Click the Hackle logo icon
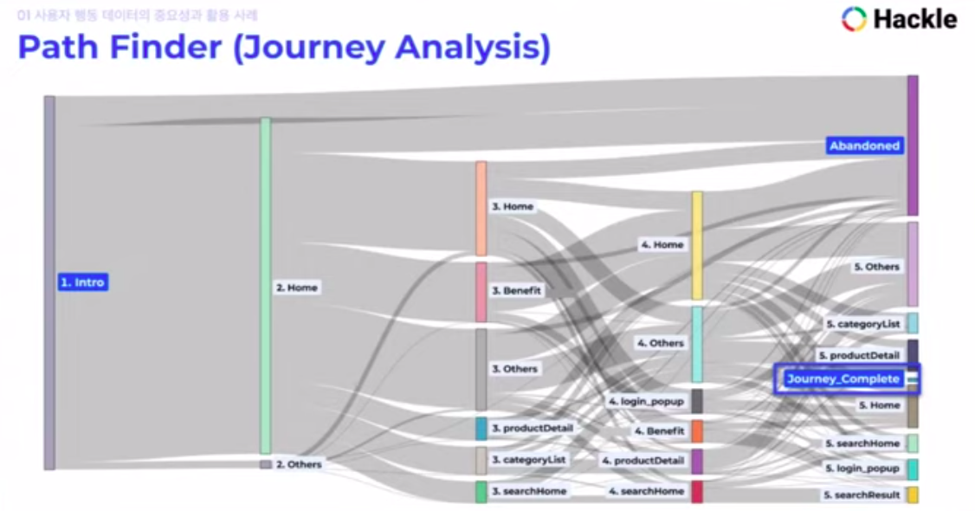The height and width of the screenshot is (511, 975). [854, 19]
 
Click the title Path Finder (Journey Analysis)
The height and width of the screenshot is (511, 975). [284, 48]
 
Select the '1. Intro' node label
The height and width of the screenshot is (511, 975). [83, 282]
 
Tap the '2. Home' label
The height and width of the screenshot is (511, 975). [297, 288]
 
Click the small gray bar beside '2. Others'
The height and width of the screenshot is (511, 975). [266, 464]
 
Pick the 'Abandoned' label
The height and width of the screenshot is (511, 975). [864, 146]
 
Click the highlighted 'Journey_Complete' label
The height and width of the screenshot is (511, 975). [843, 378]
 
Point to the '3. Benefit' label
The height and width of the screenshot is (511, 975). [516, 291]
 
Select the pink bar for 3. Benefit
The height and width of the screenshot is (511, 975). [481, 292]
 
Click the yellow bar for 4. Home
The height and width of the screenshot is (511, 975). [696, 246]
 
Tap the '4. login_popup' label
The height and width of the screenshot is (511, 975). [646, 402]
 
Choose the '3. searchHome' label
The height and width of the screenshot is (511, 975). [529, 491]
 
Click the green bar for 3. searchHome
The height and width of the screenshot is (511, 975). [481, 492]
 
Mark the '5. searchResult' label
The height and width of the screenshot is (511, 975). [862, 495]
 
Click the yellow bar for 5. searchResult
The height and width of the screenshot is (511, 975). [912, 495]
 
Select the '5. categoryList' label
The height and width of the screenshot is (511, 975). [862, 324]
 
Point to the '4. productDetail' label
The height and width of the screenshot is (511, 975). [643, 461]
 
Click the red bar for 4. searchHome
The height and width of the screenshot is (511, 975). [696, 492]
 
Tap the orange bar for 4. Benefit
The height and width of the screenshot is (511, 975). [696, 430]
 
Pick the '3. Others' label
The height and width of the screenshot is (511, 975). [514, 369]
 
